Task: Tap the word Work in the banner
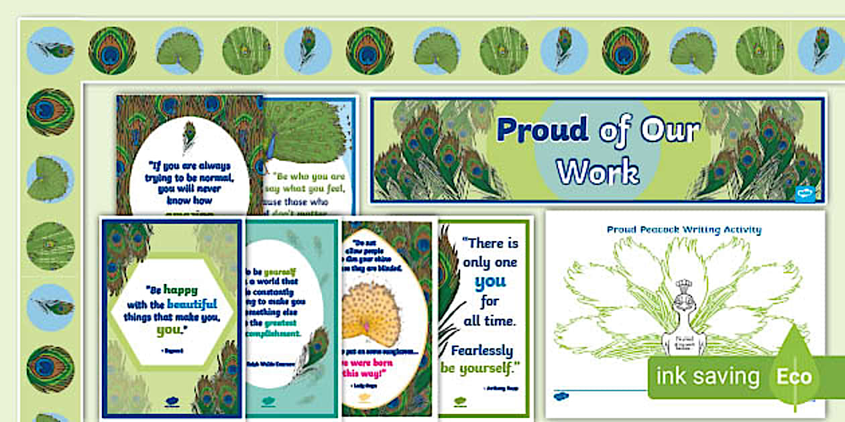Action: tap(598, 172)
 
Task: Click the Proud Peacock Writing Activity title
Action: tap(684, 230)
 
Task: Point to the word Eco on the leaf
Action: tap(794, 376)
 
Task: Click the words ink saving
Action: tap(708, 376)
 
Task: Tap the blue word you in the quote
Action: tap(490, 282)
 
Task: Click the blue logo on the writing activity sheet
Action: tap(557, 396)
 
